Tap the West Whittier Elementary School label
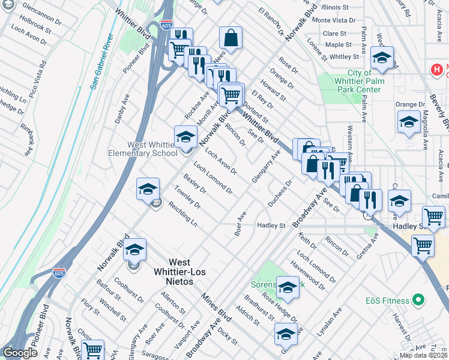tap(151, 149)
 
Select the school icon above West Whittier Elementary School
tap(185, 137)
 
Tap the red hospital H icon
tap(437, 70)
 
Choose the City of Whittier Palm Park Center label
tap(356, 82)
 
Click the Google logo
tap(20, 353)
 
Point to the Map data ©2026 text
tap(423, 355)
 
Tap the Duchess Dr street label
tap(279, 193)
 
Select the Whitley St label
tap(344, 57)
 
